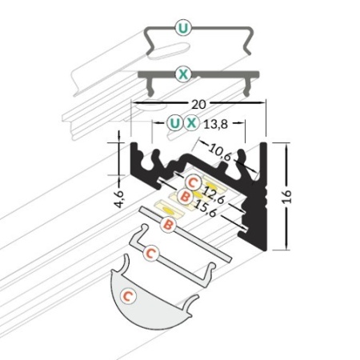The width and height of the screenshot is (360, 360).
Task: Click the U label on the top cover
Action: coord(183,28)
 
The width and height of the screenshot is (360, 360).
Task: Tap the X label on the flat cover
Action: coord(183,74)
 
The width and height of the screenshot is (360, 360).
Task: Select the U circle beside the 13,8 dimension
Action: coord(174,123)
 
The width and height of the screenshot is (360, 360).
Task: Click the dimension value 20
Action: coord(198,104)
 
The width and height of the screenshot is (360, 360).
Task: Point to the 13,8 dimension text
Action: coord(216,124)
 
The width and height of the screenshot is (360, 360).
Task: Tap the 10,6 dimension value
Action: coord(219,152)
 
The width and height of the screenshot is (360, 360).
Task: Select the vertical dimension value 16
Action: coord(287,197)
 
